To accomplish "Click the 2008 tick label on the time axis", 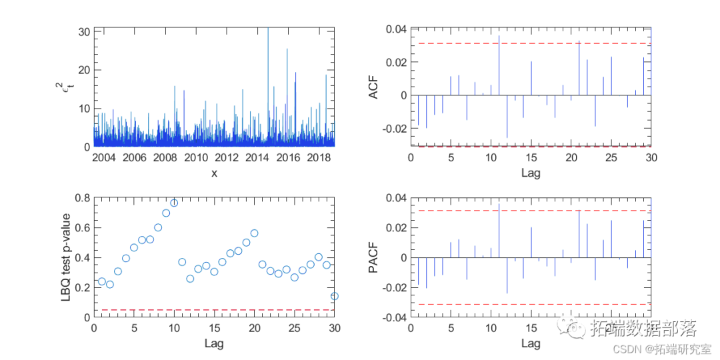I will pyautogui.click(x=165, y=157).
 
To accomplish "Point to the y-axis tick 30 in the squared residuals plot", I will pyautogui.click(x=84, y=31).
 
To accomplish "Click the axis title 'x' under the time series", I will pyautogui.click(x=214, y=173).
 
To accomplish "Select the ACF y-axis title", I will pyautogui.click(x=375, y=87).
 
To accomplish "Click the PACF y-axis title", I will pyautogui.click(x=375, y=258).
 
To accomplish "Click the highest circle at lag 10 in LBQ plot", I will pyautogui.click(x=174, y=203).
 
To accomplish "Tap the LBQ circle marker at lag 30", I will pyautogui.click(x=335, y=296).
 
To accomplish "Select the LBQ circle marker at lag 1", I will pyautogui.click(x=102, y=281).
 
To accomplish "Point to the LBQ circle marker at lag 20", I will pyautogui.click(x=254, y=233).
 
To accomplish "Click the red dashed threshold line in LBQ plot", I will pyautogui.click(x=213, y=310).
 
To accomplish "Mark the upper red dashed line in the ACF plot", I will pyautogui.click(x=533, y=43).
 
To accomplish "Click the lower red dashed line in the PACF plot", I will pyautogui.click(x=533, y=304).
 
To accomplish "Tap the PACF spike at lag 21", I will pyautogui.click(x=579, y=233).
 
